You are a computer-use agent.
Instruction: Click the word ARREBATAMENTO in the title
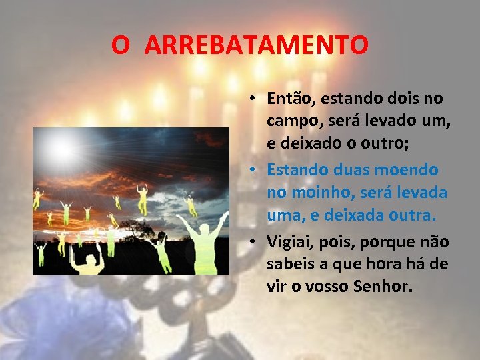point(256,45)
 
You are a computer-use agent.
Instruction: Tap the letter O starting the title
point(121,45)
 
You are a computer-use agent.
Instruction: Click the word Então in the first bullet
point(291,99)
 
